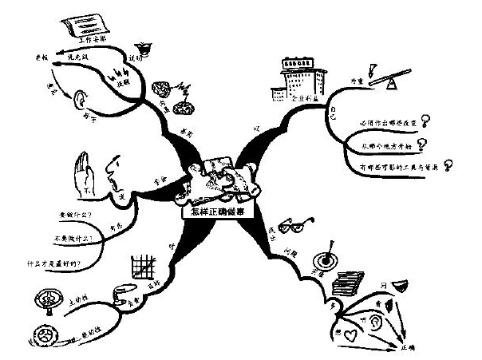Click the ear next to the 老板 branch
[80, 100]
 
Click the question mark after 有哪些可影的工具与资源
[448, 164]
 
